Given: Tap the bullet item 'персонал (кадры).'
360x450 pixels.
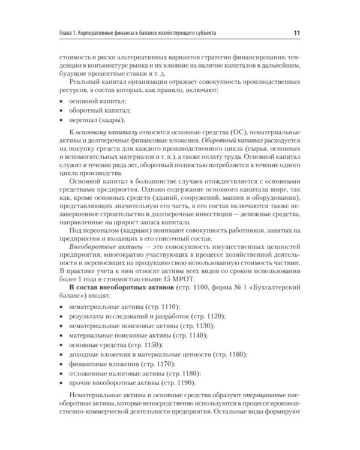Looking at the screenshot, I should coord(94,121).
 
